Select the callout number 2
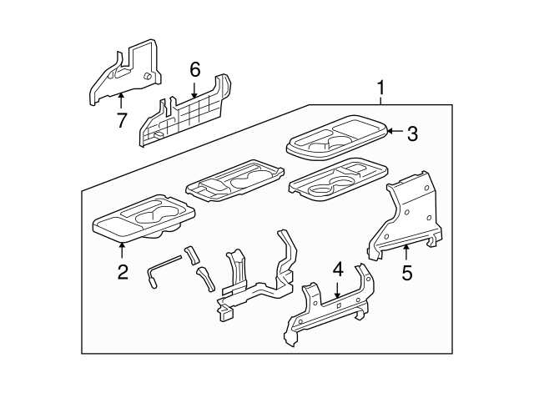click(123, 271)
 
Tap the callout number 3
click(411, 134)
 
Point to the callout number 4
click(337, 269)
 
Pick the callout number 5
click(406, 271)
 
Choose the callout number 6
click(194, 70)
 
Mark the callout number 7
click(122, 121)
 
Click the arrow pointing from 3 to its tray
click(395, 131)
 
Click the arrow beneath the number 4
click(337, 290)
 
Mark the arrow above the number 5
click(406, 250)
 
